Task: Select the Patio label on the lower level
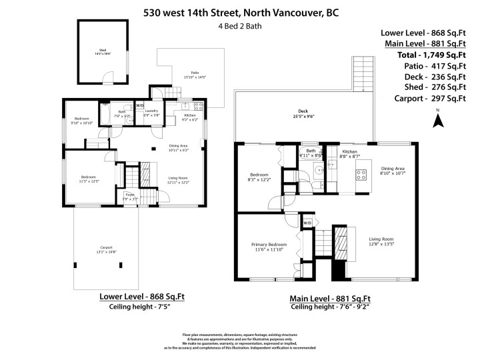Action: [195, 74]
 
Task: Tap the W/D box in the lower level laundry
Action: [140, 105]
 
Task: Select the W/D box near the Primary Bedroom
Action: [307, 222]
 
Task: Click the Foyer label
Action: [129, 196]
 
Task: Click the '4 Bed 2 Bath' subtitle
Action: [239, 27]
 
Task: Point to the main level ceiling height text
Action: [329, 308]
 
